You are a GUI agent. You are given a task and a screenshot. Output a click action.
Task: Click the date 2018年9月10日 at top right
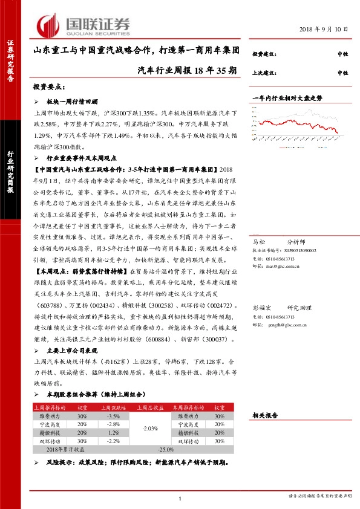click(x=324, y=29)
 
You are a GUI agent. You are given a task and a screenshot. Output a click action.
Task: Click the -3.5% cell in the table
click(x=112, y=417)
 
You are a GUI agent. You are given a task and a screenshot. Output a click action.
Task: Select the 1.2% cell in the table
click(x=112, y=433)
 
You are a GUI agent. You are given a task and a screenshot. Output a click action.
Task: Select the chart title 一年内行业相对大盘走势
click(x=287, y=98)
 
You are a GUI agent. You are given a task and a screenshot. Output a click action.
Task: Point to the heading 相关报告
click(x=264, y=416)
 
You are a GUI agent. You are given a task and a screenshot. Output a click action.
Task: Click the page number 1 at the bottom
click(x=180, y=498)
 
